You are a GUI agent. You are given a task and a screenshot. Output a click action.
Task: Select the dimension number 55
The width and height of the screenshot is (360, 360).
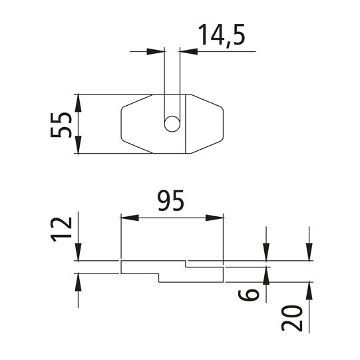click(61, 124)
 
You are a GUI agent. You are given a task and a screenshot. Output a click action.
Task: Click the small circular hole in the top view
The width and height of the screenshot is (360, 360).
click(172, 124)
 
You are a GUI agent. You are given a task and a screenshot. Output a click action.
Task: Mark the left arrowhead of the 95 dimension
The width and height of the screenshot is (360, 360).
click(126, 217)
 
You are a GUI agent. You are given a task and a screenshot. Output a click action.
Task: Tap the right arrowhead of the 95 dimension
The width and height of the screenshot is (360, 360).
click(216, 217)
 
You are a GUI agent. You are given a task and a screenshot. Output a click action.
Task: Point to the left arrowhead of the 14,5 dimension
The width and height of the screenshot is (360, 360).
click(158, 50)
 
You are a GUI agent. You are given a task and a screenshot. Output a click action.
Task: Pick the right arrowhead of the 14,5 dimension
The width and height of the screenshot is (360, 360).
click(186, 50)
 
